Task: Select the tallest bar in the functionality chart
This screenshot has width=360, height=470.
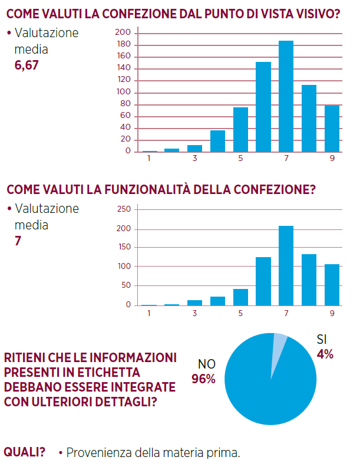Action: tap(286, 265)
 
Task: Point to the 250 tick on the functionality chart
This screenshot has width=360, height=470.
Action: tap(124, 209)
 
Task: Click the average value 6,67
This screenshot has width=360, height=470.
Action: tap(27, 65)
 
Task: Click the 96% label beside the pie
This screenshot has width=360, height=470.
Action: tap(203, 379)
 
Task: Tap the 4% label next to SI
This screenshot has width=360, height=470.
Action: tap(325, 354)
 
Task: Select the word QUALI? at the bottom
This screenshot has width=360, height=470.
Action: tap(25, 452)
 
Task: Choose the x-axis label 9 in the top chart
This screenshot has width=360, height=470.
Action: tap(332, 159)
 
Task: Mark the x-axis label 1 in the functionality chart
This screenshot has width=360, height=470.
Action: tap(149, 313)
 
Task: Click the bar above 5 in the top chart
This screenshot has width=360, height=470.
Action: tap(240, 129)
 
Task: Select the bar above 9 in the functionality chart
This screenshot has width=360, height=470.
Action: tap(332, 284)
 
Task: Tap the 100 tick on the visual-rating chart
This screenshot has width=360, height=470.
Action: tap(123, 93)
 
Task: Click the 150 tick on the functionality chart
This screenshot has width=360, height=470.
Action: tap(124, 248)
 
